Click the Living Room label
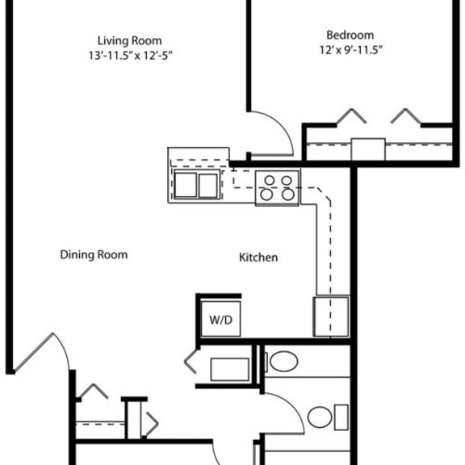coord(130,40)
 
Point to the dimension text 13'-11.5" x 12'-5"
coord(131,55)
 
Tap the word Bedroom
coord(350,35)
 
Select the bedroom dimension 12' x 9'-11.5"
coord(350,50)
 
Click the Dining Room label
coord(94,255)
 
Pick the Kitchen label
coord(258,258)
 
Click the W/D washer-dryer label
coord(220,320)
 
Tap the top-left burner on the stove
coord(270,180)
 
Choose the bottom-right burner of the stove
coord(288,195)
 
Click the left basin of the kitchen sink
coord(186,186)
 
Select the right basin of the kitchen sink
coord(208,186)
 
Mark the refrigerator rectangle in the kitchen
coord(331,316)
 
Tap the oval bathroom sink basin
coord(284,361)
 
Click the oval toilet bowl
coord(320,417)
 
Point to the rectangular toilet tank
coord(341,417)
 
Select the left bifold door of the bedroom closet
coord(352,115)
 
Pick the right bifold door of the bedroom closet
coord(405,115)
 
